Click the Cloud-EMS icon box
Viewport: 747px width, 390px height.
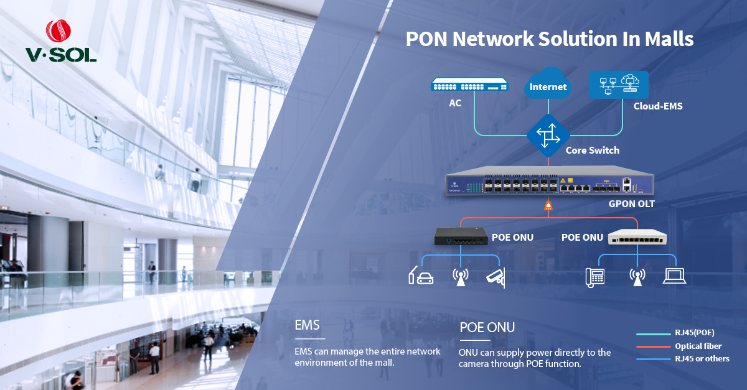(x=618, y=85)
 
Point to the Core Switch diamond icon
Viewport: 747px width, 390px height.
(x=548, y=136)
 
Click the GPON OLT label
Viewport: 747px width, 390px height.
(x=632, y=203)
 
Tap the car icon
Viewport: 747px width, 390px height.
(x=421, y=276)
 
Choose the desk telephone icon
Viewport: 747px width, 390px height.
(x=595, y=277)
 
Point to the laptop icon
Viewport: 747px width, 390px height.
(x=674, y=276)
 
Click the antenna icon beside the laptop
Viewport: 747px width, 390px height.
(x=636, y=277)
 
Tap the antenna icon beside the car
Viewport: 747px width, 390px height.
(x=459, y=277)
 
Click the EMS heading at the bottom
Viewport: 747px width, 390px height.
(x=308, y=325)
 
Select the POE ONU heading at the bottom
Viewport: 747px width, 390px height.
(x=487, y=327)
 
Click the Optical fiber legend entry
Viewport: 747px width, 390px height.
(x=698, y=346)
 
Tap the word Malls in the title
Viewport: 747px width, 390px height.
(x=669, y=39)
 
